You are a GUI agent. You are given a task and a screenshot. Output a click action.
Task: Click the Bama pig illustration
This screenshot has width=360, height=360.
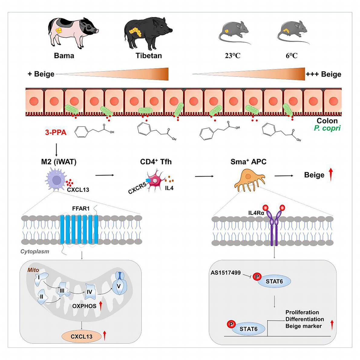[73, 33]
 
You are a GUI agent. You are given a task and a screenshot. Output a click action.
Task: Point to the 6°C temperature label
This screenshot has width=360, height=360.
[292, 56]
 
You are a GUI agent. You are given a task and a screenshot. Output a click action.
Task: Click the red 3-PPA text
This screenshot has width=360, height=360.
[56, 133]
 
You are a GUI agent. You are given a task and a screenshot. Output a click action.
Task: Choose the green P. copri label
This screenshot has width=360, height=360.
[327, 128]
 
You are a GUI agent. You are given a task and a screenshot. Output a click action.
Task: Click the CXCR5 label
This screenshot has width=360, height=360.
[137, 188]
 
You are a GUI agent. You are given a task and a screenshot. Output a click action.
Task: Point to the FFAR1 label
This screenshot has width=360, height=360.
[81, 209]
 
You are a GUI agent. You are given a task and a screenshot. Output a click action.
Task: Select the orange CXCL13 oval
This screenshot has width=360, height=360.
[81, 337]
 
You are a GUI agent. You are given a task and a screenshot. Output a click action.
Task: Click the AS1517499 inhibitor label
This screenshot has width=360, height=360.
[226, 273]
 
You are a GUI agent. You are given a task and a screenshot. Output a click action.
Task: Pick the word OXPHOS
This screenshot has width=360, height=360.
[84, 306]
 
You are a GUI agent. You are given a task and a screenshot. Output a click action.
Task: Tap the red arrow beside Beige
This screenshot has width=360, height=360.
[331, 175]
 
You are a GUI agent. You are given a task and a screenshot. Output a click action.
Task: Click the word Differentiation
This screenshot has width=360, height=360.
[305, 319]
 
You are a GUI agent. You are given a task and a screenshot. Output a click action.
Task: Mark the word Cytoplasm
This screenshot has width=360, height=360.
[35, 251]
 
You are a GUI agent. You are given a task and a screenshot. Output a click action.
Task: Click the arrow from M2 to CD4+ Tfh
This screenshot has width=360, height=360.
[105, 175]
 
